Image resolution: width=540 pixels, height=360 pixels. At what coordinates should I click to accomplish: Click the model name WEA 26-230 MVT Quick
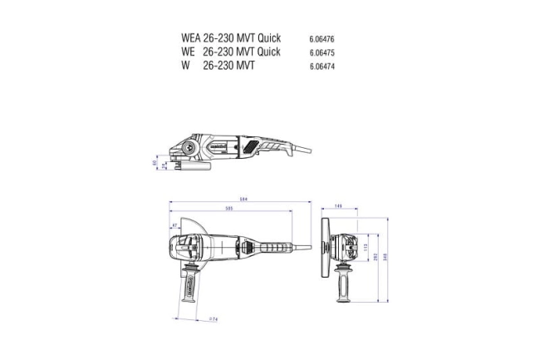tap(230, 38)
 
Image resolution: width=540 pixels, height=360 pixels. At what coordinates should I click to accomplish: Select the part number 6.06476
tap(322, 39)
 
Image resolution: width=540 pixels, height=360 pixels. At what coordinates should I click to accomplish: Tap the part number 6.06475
tap(322, 52)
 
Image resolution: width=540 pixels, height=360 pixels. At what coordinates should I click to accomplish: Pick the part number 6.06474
tap(322, 66)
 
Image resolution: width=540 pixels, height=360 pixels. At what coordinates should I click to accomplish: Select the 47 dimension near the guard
tap(174, 225)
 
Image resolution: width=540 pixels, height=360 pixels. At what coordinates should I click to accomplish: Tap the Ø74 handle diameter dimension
tap(212, 318)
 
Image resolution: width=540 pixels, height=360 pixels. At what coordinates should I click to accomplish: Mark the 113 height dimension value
tap(364, 247)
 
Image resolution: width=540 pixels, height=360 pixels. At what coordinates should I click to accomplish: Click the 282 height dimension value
tap(375, 257)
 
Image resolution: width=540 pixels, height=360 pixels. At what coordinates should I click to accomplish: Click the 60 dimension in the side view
tap(155, 163)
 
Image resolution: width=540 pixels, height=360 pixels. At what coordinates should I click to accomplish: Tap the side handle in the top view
tap(189, 287)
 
